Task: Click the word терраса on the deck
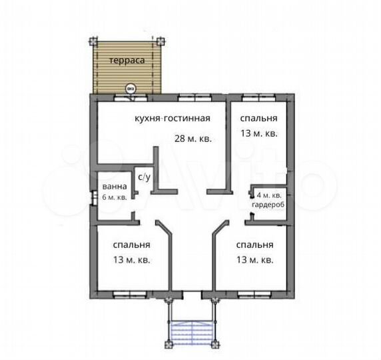[127, 60]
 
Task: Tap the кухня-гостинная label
[173, 119]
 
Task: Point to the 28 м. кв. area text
[193, 139]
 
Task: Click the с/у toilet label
[144, 177]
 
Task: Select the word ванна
[115, 187]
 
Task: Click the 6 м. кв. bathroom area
[115, 197]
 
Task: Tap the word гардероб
[268, 205]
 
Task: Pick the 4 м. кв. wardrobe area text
[269, 195]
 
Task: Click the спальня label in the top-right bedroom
[259, 118]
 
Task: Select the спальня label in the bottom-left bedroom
[131, 245]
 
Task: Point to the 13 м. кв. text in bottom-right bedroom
[255, 260]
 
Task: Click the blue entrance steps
[192, 333]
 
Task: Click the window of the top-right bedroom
[258, 97]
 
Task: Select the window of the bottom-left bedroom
[130, 295]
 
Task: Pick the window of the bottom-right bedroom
[254, 295]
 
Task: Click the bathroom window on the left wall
[93, 198]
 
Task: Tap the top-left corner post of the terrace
[93, 41]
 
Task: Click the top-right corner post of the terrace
[160, 41]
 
